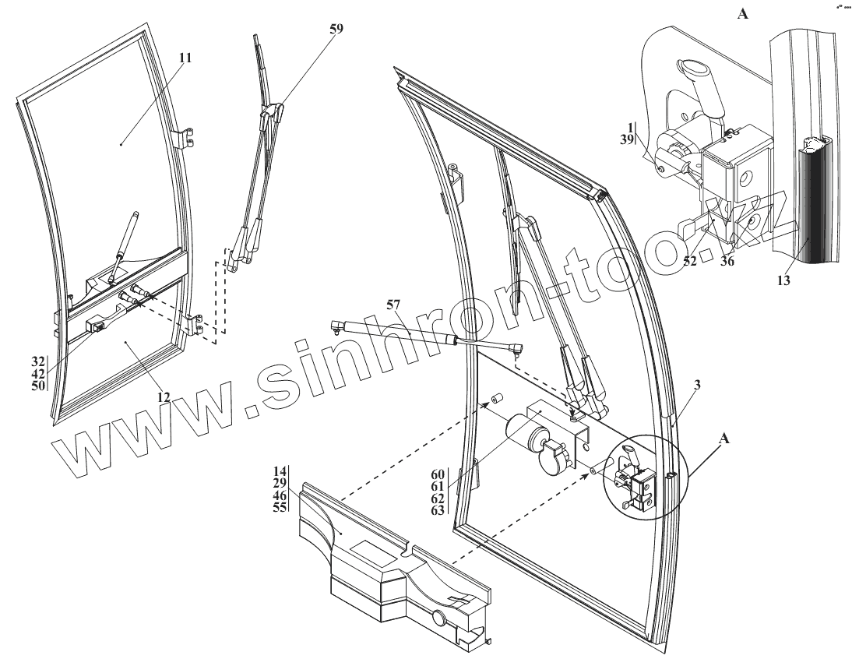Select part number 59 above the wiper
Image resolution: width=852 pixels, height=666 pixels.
click(x=336, y=28)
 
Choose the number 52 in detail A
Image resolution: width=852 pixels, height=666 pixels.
click(x=690, y=263)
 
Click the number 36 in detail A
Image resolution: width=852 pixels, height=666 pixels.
click(x=727, y=263)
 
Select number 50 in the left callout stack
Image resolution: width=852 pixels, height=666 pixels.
click(x=38, y=385)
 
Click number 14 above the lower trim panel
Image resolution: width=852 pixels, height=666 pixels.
click(x=280, y=472)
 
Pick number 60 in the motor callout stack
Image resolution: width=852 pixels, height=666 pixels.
click(x=438, y=474)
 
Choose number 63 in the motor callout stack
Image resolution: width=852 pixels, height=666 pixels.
click(x=438, y=510)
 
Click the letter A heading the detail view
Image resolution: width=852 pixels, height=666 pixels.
click(x=742, y=13)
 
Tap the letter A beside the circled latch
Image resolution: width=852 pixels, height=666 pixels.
click(x=724, y=439)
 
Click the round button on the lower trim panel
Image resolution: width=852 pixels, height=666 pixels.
click(x=438, y=621)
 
